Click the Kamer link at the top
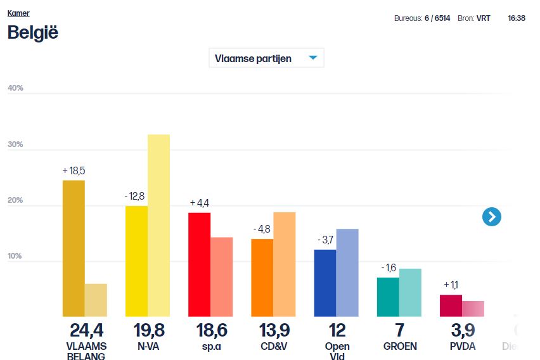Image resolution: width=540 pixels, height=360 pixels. tap(18, 13)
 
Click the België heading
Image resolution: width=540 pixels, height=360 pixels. tap(32, 32)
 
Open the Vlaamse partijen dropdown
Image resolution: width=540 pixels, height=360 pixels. tap(266, 58)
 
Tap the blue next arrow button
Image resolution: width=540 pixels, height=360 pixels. tap(491, 217)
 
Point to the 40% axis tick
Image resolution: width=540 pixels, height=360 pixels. tap(15, 88)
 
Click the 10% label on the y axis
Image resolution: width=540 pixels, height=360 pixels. tap(15, 256)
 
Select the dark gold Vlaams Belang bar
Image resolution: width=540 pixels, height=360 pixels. tap(74, 248)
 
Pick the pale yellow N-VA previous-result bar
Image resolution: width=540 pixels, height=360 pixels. tap(158, 226)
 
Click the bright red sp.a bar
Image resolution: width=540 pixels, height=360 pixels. tap(199, 264)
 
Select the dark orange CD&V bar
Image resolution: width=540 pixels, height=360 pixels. tap(262, 278)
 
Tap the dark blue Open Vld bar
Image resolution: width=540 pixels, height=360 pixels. tap(325, 283)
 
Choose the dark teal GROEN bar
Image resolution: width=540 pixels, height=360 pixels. tap(388, 297)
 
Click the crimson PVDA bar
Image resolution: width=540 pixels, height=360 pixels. tap(451, 305)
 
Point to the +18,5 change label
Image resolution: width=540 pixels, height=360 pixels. tap(74, 171)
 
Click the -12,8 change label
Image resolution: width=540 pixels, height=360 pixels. tap(134, 196)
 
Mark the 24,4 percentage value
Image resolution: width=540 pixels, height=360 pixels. tap(86, 330)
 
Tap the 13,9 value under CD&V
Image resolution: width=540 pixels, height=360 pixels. tap(274, 330)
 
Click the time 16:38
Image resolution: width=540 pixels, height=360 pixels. tap(517, 18)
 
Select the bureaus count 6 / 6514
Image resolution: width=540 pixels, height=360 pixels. tap(438, 18)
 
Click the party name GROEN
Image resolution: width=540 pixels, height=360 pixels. tap(400, 347)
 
